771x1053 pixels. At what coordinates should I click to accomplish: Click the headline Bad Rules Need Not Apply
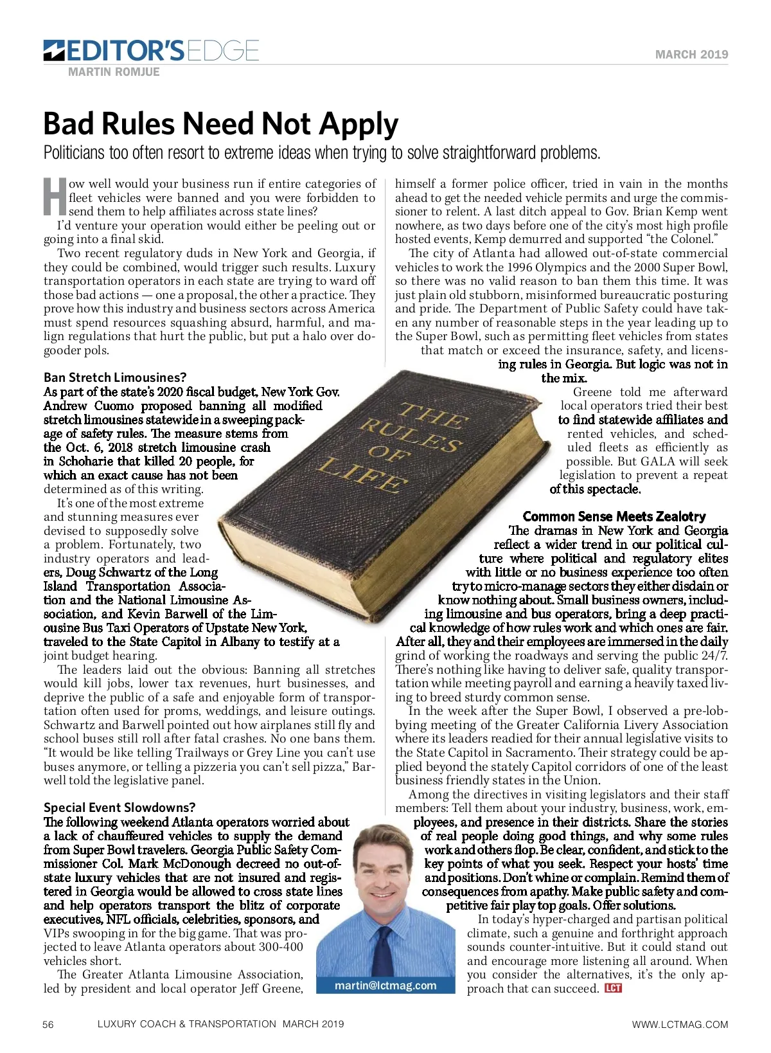coord(220,124)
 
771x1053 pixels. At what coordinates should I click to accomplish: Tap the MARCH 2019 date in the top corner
coord(691,55)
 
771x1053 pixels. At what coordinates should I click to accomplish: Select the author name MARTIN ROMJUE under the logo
coord(114,72)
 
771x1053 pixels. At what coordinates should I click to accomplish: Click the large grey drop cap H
coord(55,197)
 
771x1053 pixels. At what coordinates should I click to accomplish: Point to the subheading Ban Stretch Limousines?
coord(115,377)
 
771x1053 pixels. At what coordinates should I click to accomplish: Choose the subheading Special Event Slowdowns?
coord(120,807)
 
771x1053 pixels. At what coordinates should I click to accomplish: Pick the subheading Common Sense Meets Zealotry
coord(614,516)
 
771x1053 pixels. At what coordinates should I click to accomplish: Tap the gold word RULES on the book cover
coord(410,435)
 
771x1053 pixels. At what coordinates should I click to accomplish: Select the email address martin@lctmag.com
coord(385,986)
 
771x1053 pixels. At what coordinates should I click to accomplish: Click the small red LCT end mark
coord(613,988)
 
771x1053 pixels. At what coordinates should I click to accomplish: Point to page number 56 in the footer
coord(48,1025)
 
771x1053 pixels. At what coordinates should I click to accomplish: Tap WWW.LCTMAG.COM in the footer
coord(680,1025)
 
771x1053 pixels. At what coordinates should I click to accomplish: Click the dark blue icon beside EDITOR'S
coord(53,50)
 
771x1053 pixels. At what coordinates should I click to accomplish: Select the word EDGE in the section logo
coord(222,50)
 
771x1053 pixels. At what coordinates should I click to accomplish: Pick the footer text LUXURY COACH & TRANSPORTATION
coord(187,1024)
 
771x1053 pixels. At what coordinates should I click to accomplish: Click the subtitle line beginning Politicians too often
coord(321,153)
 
